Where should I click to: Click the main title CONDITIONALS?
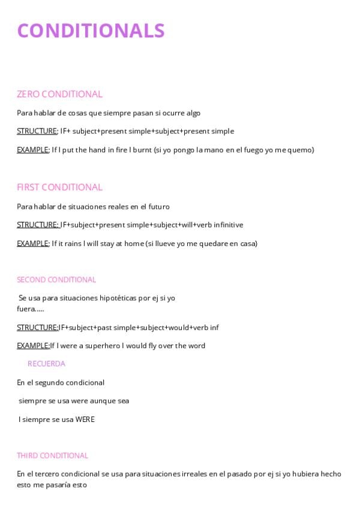click(91, 30)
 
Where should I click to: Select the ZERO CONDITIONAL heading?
click(59, 94)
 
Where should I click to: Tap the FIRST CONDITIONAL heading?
click(59, 187)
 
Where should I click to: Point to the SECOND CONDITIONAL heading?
click(56, 280)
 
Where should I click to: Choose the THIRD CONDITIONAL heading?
click(52, 456)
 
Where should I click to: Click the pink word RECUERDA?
click(46, 364)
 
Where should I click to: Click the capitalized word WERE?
click(85, 420)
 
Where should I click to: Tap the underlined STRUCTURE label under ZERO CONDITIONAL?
click(37, 131)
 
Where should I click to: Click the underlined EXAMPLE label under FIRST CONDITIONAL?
click(32, 244)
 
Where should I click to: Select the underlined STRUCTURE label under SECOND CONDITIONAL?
click(37, 328)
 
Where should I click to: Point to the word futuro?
click(158, 206)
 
